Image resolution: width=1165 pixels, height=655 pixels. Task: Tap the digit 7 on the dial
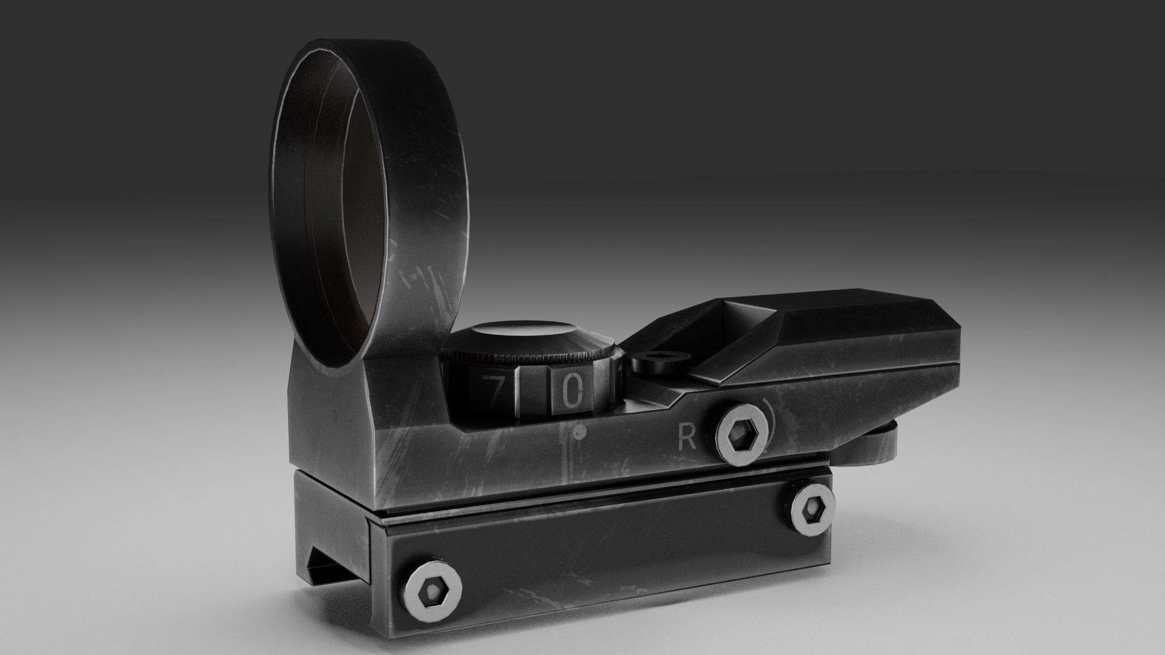pyautogui.click(x=495, y=392)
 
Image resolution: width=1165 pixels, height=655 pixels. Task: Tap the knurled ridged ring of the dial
pyautogui.click(x=534, y=357)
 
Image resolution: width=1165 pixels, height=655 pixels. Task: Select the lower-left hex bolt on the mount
pyautogui.click(x=432, y=589)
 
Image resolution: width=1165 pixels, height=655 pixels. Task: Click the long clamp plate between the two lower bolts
pyautogui.click(x=607, y=546)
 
